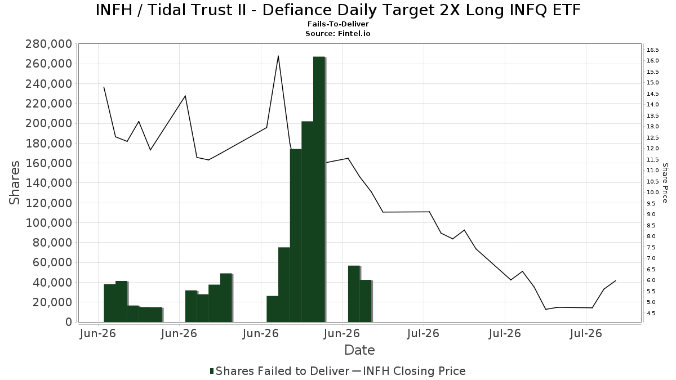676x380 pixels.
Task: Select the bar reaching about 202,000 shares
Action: pos(307,222)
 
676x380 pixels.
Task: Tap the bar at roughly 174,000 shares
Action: pos(296,235)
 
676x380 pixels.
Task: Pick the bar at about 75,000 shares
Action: pos(284,285)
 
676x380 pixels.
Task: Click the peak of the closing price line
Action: pos(278,56)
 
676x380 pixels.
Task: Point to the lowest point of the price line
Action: pos(546,309)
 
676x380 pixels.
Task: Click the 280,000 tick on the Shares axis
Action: pos(48,44)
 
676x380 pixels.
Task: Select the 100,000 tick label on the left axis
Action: pos(48,223)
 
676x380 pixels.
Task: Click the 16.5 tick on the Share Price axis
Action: pos(652,50)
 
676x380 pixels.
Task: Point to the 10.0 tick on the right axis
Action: pos(652,193)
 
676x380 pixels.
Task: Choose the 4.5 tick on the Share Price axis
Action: pos(651,314)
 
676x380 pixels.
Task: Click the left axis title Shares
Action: pos(14,183)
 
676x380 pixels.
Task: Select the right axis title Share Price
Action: pos(665,183)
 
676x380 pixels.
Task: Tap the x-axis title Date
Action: pos(359,350)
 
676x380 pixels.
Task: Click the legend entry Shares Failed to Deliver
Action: pos(280,371)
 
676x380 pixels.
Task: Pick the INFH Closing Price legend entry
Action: pos(409,371)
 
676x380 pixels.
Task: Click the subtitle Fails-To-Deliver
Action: pos(338,24)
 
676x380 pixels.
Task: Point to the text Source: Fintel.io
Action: pos(337,33)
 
